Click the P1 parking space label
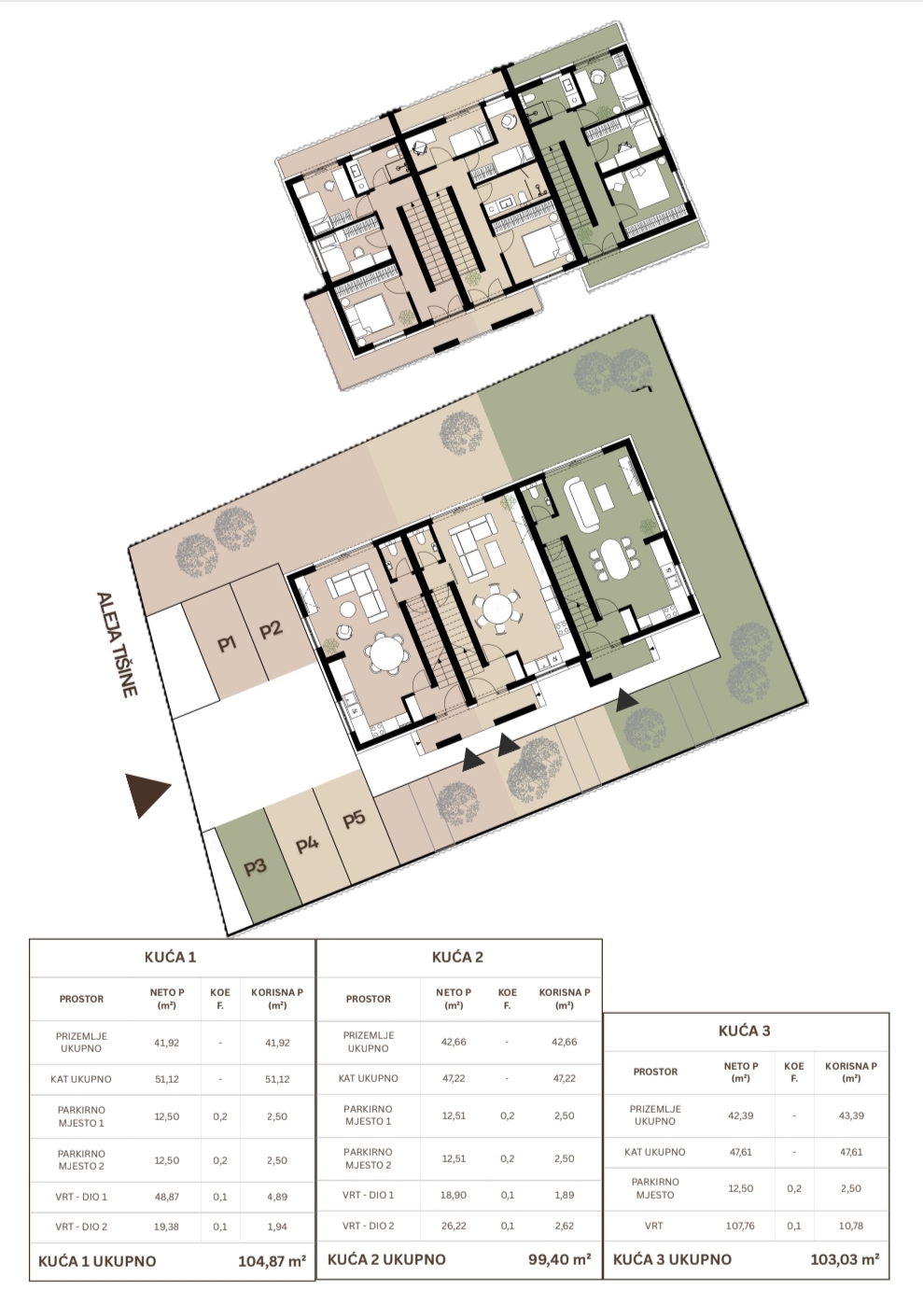pos(227,644)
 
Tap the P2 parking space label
pos(272,629)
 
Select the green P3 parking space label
pos(255,868)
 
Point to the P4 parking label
pos(307,845)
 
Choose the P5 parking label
pos(354,819)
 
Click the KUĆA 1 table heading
pos(171,957)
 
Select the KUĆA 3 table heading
pos(744,1031)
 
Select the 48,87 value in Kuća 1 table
pos(166,1192)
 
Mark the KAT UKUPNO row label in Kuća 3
pos(655,1152)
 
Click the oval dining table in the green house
pos(611,558)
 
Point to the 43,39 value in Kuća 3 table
pos(851,1116)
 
